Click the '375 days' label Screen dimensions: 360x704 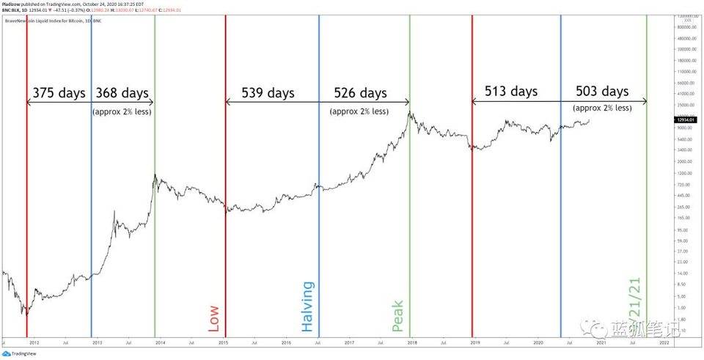[x=59, y=94]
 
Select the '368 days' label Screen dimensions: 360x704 [x=122, y=94]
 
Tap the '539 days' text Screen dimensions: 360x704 [x=268, y=94]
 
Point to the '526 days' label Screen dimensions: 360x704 [x=360, y=94]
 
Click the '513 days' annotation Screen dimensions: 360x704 [x=511, y=92]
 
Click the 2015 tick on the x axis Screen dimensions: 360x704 [x=223, y=342]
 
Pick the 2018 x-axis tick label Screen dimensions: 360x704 [x=412, y=342]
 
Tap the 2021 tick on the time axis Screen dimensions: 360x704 [x=601, y=342]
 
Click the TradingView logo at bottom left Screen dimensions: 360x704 [x=20, y=353]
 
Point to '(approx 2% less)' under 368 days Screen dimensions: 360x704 [x=122, y=111]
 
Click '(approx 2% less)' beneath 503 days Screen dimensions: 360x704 [x=602, y=108]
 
